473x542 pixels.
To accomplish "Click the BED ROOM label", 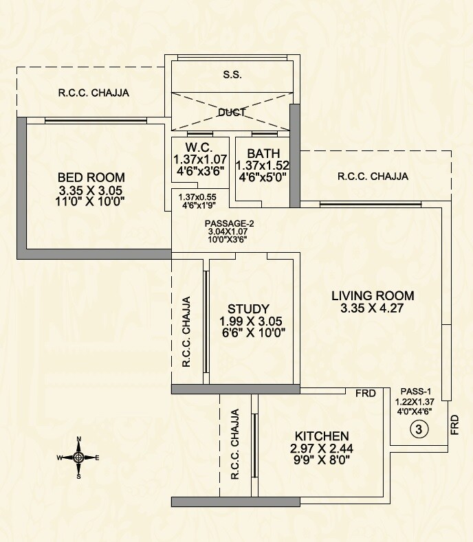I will pyautogui.click(x=91, y=178).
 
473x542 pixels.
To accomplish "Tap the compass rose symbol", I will pyautogui.click(x=78, y=457).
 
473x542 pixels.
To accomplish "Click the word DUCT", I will pyautogui.click(x=232, y=112).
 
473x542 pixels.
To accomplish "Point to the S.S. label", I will pyautogui.click(x=232, y=74).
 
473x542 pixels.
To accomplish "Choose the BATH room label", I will pyautogui.click(x=262, y=153).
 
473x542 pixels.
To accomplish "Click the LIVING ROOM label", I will pyautogui.click(x=373, y=295).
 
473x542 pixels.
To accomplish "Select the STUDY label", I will pyautogui.click(x=248, y=308).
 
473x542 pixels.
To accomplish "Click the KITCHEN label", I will pyautogui.click(x=322, y=436).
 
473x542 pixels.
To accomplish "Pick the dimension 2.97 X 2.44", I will pyautogui.click(x=322, y=449).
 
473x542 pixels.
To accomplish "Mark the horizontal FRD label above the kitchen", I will pyautogui.click(x=365, y=394).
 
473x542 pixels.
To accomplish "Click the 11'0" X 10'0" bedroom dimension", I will pyautogui.click(x=91, y=202).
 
